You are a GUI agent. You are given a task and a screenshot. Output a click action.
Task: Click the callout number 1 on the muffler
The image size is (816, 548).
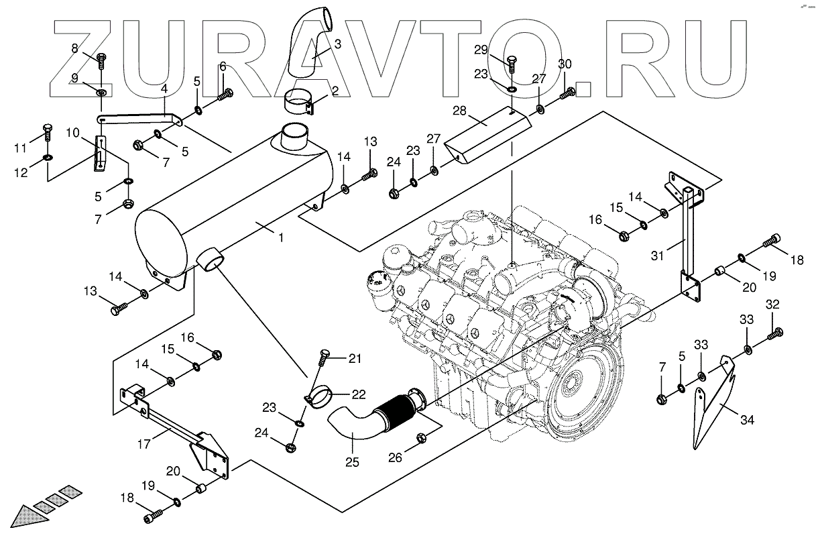point(282,237)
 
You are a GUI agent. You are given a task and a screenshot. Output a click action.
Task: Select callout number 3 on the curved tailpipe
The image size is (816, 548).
point(338,44)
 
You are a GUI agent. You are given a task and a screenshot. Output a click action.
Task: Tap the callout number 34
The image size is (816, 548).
point(748,421)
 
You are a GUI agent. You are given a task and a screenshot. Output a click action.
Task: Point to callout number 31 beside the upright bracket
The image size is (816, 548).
point(658,256)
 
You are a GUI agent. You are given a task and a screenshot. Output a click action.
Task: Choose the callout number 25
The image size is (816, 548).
point(352,461)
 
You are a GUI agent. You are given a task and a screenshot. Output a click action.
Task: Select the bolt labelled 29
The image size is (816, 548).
point(511,64)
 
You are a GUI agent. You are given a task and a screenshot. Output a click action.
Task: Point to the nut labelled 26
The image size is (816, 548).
point(422,438)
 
